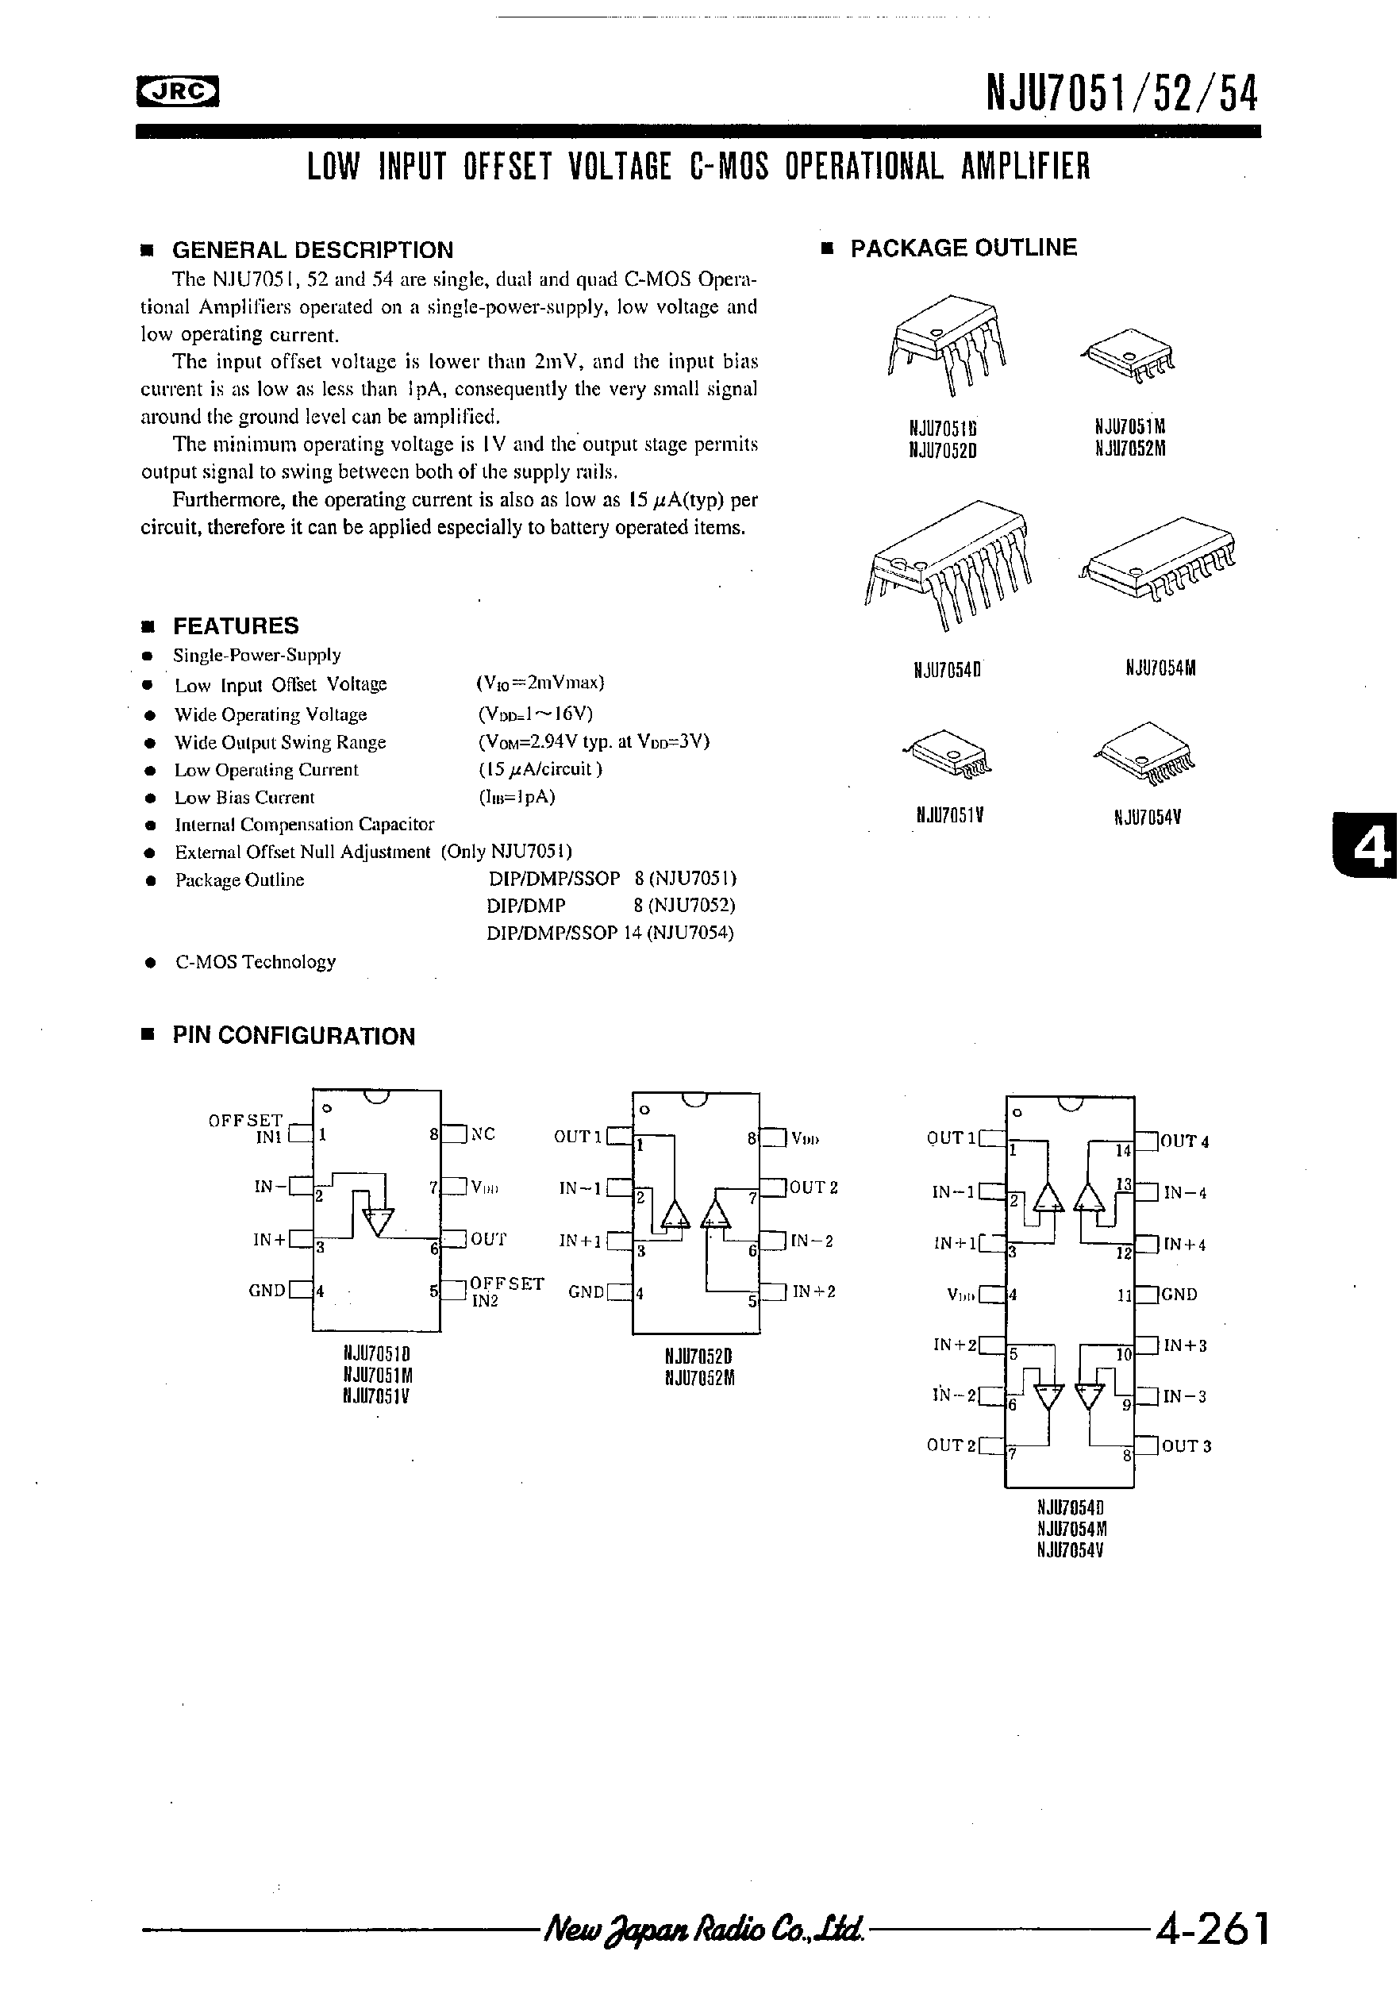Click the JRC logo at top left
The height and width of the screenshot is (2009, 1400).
point(178,91)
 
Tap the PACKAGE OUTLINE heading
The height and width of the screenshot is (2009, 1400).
point(963,248)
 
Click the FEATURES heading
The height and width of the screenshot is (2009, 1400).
point(236,625)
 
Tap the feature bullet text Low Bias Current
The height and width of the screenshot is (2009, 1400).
point(244,797)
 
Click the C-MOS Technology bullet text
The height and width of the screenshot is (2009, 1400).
point(256,961)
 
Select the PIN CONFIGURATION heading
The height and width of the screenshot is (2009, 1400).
point(293,1036)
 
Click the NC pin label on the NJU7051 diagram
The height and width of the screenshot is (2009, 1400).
point(483,1134)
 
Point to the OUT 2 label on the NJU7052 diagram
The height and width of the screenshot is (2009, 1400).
point(813,1187)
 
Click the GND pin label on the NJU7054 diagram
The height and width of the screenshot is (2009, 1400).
point(1179,1294)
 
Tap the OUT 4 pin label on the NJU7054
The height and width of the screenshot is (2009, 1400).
point(1186,1141)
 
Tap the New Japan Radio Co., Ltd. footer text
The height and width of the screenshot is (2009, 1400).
point(705,1929)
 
